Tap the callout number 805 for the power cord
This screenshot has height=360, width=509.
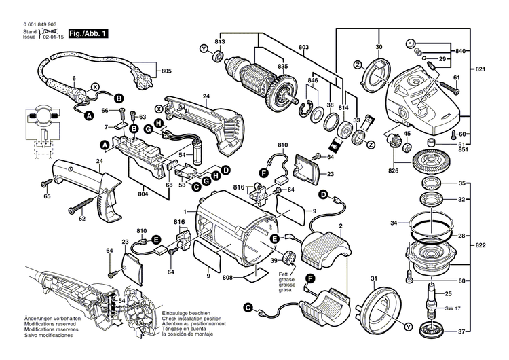pyautogui.click(x=166, y=71)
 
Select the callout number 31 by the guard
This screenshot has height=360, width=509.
pyautogui.click(x=373, y=280)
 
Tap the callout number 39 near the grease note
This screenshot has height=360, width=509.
pyautogui.click(x=274, y=262)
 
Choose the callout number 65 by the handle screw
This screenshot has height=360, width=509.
pyautogui.click(x=47, y=196)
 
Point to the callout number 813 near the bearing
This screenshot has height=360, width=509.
pyautogui.click(x=220, y=43)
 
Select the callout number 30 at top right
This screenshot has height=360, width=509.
pyautogui.click(x=379, y=46)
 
